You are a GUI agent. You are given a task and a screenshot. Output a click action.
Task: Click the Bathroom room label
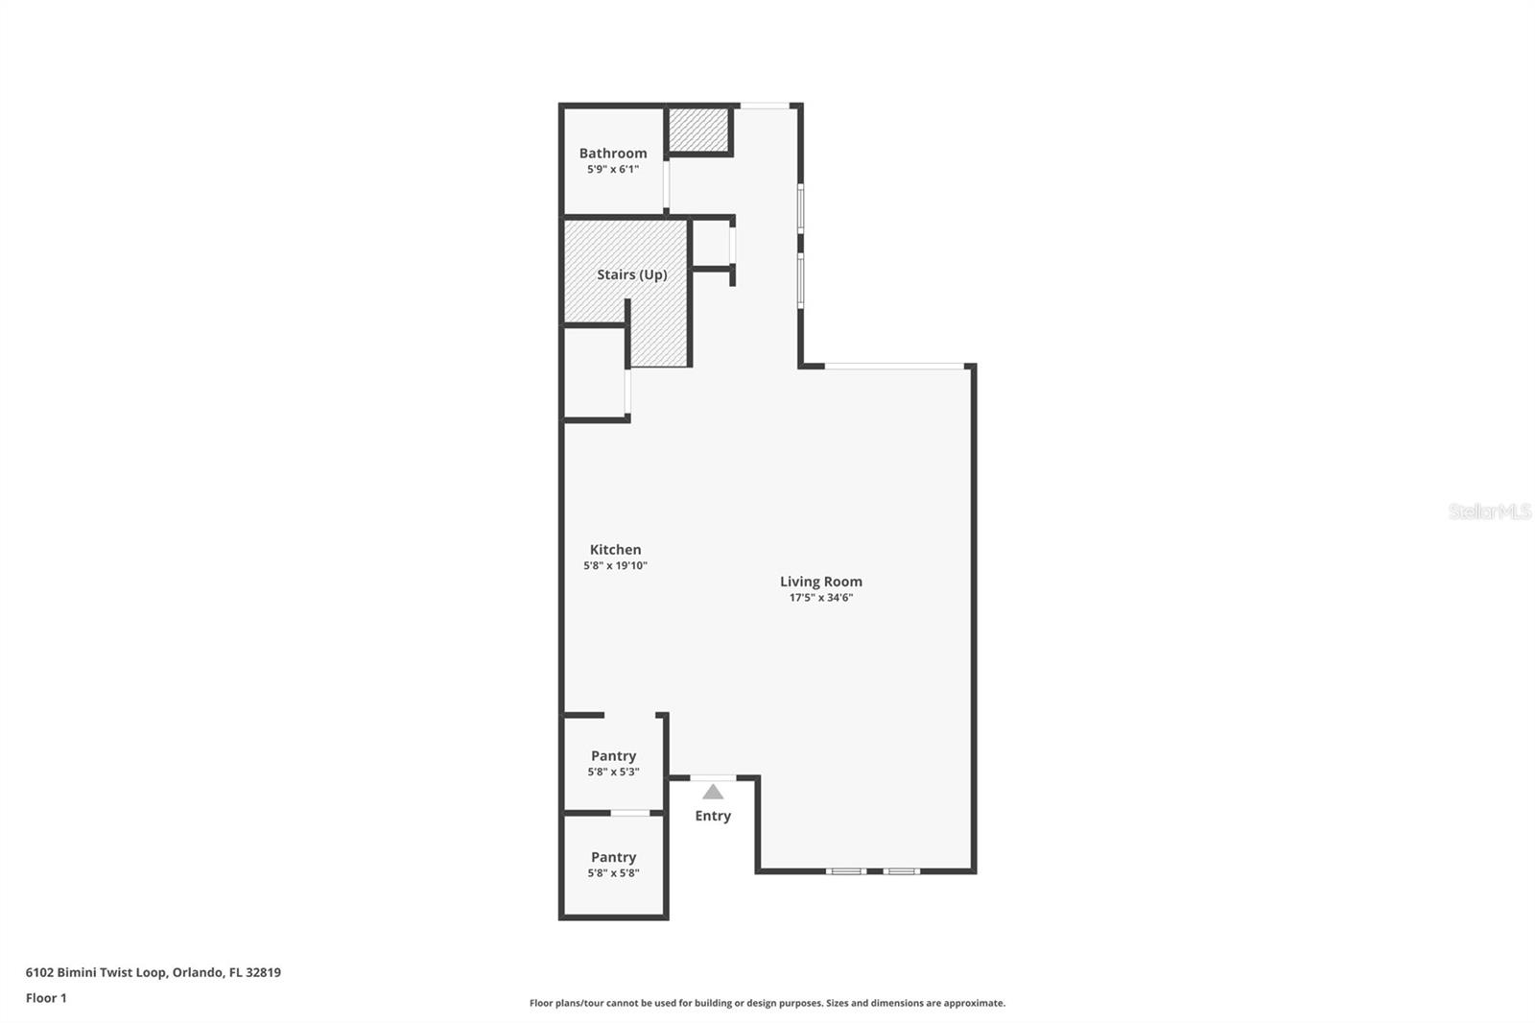click(613, 154)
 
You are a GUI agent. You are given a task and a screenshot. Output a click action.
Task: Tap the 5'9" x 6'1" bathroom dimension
click(613, 170)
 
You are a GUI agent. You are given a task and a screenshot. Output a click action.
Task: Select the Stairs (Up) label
click(631, 274)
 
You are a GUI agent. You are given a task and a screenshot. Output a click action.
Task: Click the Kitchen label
click(615, 550)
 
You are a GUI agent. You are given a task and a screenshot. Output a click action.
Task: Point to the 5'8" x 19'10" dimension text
click(615, 566)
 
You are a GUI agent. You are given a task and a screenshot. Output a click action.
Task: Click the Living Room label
click(820, 582)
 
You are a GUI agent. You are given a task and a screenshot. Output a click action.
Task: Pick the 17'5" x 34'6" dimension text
click(820, 598)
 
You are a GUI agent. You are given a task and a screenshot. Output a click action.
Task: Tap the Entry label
click(713, 816)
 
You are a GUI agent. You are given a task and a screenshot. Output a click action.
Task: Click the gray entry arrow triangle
click(713, 793)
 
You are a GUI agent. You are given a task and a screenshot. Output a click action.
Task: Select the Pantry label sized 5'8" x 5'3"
click(613, 756)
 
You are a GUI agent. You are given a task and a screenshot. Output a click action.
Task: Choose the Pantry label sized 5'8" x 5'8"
click(613, 857)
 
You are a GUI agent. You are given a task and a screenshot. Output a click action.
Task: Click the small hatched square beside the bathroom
click(699, 130)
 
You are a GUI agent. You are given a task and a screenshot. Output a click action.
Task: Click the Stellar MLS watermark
click(1489, 511)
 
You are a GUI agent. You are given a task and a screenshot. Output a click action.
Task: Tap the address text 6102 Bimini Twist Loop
click(96, 972)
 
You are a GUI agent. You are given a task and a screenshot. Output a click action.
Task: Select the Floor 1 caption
click(46, 998)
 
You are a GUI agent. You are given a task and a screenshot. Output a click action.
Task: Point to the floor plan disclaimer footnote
click(767, 1003)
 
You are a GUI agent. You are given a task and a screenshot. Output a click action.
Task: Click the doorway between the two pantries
click(630, 814)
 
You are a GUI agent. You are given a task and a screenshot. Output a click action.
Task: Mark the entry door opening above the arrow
click(713, 777)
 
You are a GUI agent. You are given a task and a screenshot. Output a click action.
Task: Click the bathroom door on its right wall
click(666, 185)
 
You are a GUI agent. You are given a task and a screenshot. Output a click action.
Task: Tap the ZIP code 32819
click(264, 972)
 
